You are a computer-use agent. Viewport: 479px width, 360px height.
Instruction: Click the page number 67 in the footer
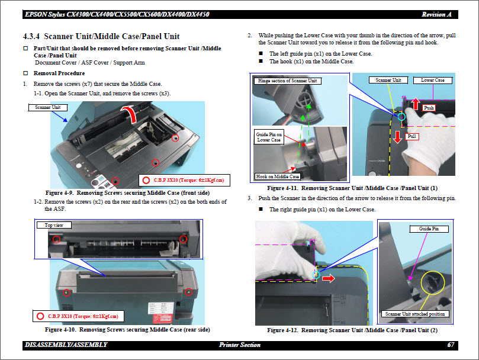coord(451,345)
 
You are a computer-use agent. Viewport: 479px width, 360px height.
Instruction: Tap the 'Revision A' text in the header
coord(438,14)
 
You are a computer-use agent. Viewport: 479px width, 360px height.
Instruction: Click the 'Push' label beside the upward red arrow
coord(429,108)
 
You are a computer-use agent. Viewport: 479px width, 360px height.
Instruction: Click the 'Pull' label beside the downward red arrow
coord(413,137)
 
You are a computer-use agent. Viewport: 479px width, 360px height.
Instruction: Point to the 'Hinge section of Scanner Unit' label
coord(287,81)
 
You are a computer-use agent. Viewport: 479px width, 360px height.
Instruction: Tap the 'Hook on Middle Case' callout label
coord(277,176)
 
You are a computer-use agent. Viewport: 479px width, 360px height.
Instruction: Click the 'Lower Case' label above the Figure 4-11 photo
coord(432,80)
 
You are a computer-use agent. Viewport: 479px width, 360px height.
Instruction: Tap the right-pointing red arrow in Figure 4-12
coord(329,276)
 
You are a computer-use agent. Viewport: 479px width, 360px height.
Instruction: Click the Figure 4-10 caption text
coord(127,329)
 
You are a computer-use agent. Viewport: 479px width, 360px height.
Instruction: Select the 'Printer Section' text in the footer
coord(239,345)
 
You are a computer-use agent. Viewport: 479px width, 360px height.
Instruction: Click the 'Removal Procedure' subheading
coord(59,73)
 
